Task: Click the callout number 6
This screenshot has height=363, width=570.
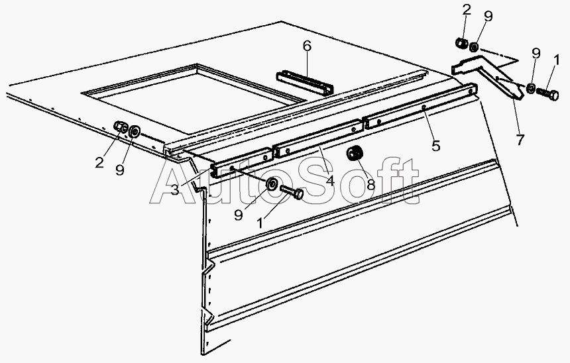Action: pyautogui.click(x=307, y=46)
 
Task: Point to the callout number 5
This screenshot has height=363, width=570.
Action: pyautogui.click(x=435, y=146)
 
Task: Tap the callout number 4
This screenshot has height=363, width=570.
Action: pyautogui.click(x=329, y=180)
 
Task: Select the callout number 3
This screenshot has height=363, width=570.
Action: pyautogui.click(x=175, y=189)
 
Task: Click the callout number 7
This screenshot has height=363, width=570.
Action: pyautogui.click(x=520, y=140)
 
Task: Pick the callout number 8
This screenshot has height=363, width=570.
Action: pyautogui.click(x=370, y=184)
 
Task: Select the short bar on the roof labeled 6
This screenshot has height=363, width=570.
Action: pyautogui.click(x=305, y=83)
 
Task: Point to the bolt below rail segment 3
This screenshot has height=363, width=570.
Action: pyautogui.click(x=292, y=192)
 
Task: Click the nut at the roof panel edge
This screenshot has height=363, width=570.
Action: pyautogui.click(x=121, y=127)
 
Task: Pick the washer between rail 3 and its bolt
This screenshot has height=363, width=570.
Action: pyautogui.click(x=272, y=184)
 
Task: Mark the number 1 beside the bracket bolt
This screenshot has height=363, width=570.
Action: pyautogui.click(x=557, y=60)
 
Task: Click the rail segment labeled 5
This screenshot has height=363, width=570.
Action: pyautogui.click(x=421, y=106)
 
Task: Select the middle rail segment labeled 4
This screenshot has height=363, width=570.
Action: pyautogui.click(x=318, y=138)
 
